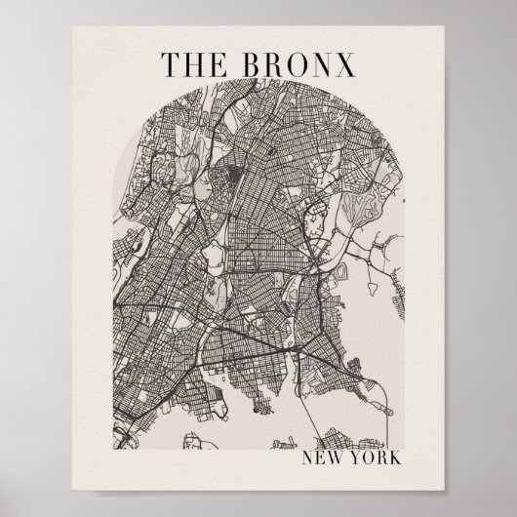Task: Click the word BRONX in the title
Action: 297,62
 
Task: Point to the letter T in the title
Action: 169,62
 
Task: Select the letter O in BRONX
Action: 295,62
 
